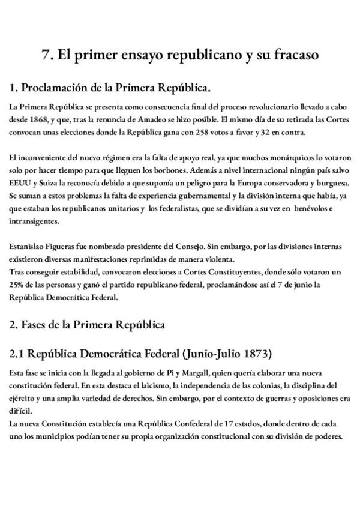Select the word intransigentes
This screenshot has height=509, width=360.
[x=34, y=220]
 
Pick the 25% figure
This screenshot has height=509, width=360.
[x=17, y=284]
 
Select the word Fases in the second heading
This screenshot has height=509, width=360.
[x=35, y=325]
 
